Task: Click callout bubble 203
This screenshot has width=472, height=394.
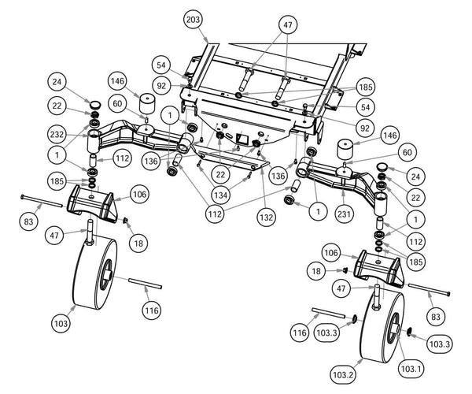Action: click(193, 20)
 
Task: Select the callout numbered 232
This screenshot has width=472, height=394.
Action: click(57, 134)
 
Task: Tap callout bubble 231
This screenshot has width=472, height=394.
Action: click(344, 214)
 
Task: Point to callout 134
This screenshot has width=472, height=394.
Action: click(220, 195)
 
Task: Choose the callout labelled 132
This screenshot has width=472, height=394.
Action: click(267, 217)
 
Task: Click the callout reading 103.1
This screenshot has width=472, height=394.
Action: click(411, 368)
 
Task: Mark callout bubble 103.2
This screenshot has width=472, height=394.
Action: click(343, 375)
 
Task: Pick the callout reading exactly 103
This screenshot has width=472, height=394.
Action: click(61, 323)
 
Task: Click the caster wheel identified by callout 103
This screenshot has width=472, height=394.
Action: click(95, 273)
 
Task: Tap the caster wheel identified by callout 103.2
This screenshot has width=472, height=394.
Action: click(382, 328)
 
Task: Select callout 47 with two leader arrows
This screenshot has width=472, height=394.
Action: click(288, 24)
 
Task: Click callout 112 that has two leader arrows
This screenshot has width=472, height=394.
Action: click(215, 214)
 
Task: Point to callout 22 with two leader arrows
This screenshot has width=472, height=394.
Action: click(220, 174)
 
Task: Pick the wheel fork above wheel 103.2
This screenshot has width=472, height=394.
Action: click(378, 268)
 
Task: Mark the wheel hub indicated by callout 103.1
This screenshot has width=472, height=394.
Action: click(394, 329)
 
